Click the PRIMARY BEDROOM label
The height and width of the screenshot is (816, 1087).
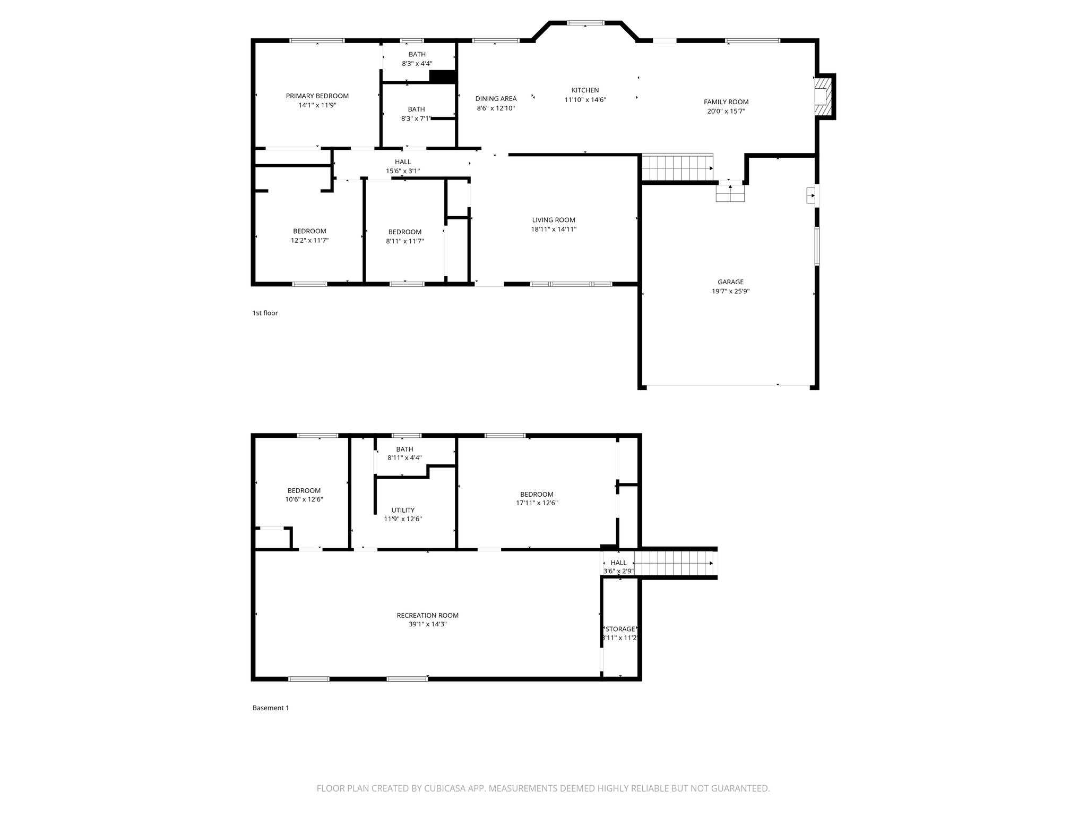[317, 96]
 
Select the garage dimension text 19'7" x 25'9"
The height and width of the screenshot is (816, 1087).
[730, 292]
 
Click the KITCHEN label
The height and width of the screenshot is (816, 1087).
[585, 90]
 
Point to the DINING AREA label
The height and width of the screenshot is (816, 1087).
[496, 99]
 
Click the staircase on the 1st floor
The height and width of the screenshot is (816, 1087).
[677, 168]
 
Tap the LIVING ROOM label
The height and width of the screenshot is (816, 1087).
[554, 220]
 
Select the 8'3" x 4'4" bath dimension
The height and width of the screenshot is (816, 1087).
[417, 64]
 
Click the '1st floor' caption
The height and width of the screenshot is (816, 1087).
[265, 313]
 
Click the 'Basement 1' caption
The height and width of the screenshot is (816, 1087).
[271, 708]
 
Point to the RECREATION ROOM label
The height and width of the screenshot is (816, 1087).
[427, 616]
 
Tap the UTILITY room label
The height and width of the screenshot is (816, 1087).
[403, 510]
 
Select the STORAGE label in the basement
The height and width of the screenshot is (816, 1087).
[620, 629]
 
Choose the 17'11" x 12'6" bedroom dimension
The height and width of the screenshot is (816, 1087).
[537, 503]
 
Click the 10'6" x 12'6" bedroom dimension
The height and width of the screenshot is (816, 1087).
[304, 499]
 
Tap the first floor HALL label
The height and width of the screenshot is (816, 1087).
[402, 162]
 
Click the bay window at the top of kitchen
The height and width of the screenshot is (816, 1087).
[585, 23]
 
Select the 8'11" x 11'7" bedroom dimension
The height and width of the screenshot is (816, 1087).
[404, 241]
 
